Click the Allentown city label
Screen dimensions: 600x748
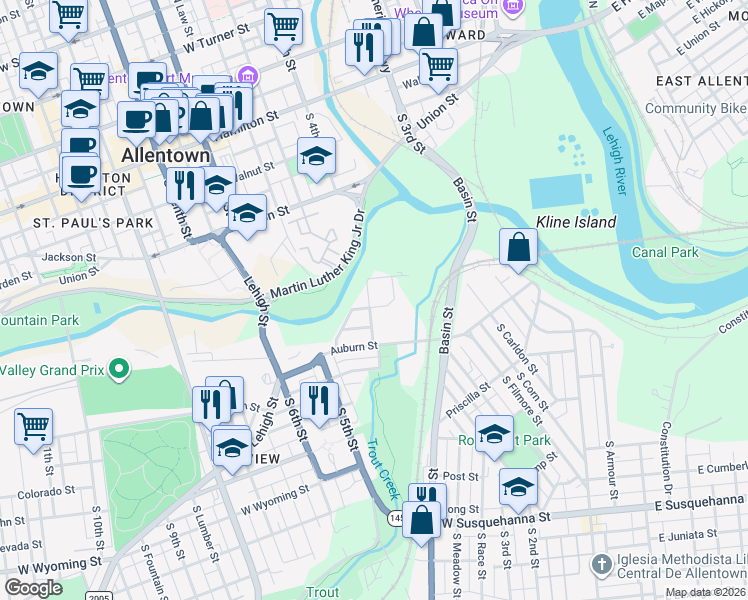click(x=165, y=156)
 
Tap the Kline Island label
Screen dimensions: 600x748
click(x=576, y=221)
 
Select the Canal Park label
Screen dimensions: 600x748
click(x=665, y=252)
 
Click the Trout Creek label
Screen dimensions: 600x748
click(x=382, y=470)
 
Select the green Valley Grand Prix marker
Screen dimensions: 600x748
click(x=119, y=370)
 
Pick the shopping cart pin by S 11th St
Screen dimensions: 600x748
click(x=33, y=426)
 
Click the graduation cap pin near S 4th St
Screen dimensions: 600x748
click(x=316, y=156)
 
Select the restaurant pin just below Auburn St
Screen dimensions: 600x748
click(x=319, y=401)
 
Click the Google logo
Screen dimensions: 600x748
click(x=33, y=588)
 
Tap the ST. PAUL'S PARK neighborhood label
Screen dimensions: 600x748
click(x=93, y=222)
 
